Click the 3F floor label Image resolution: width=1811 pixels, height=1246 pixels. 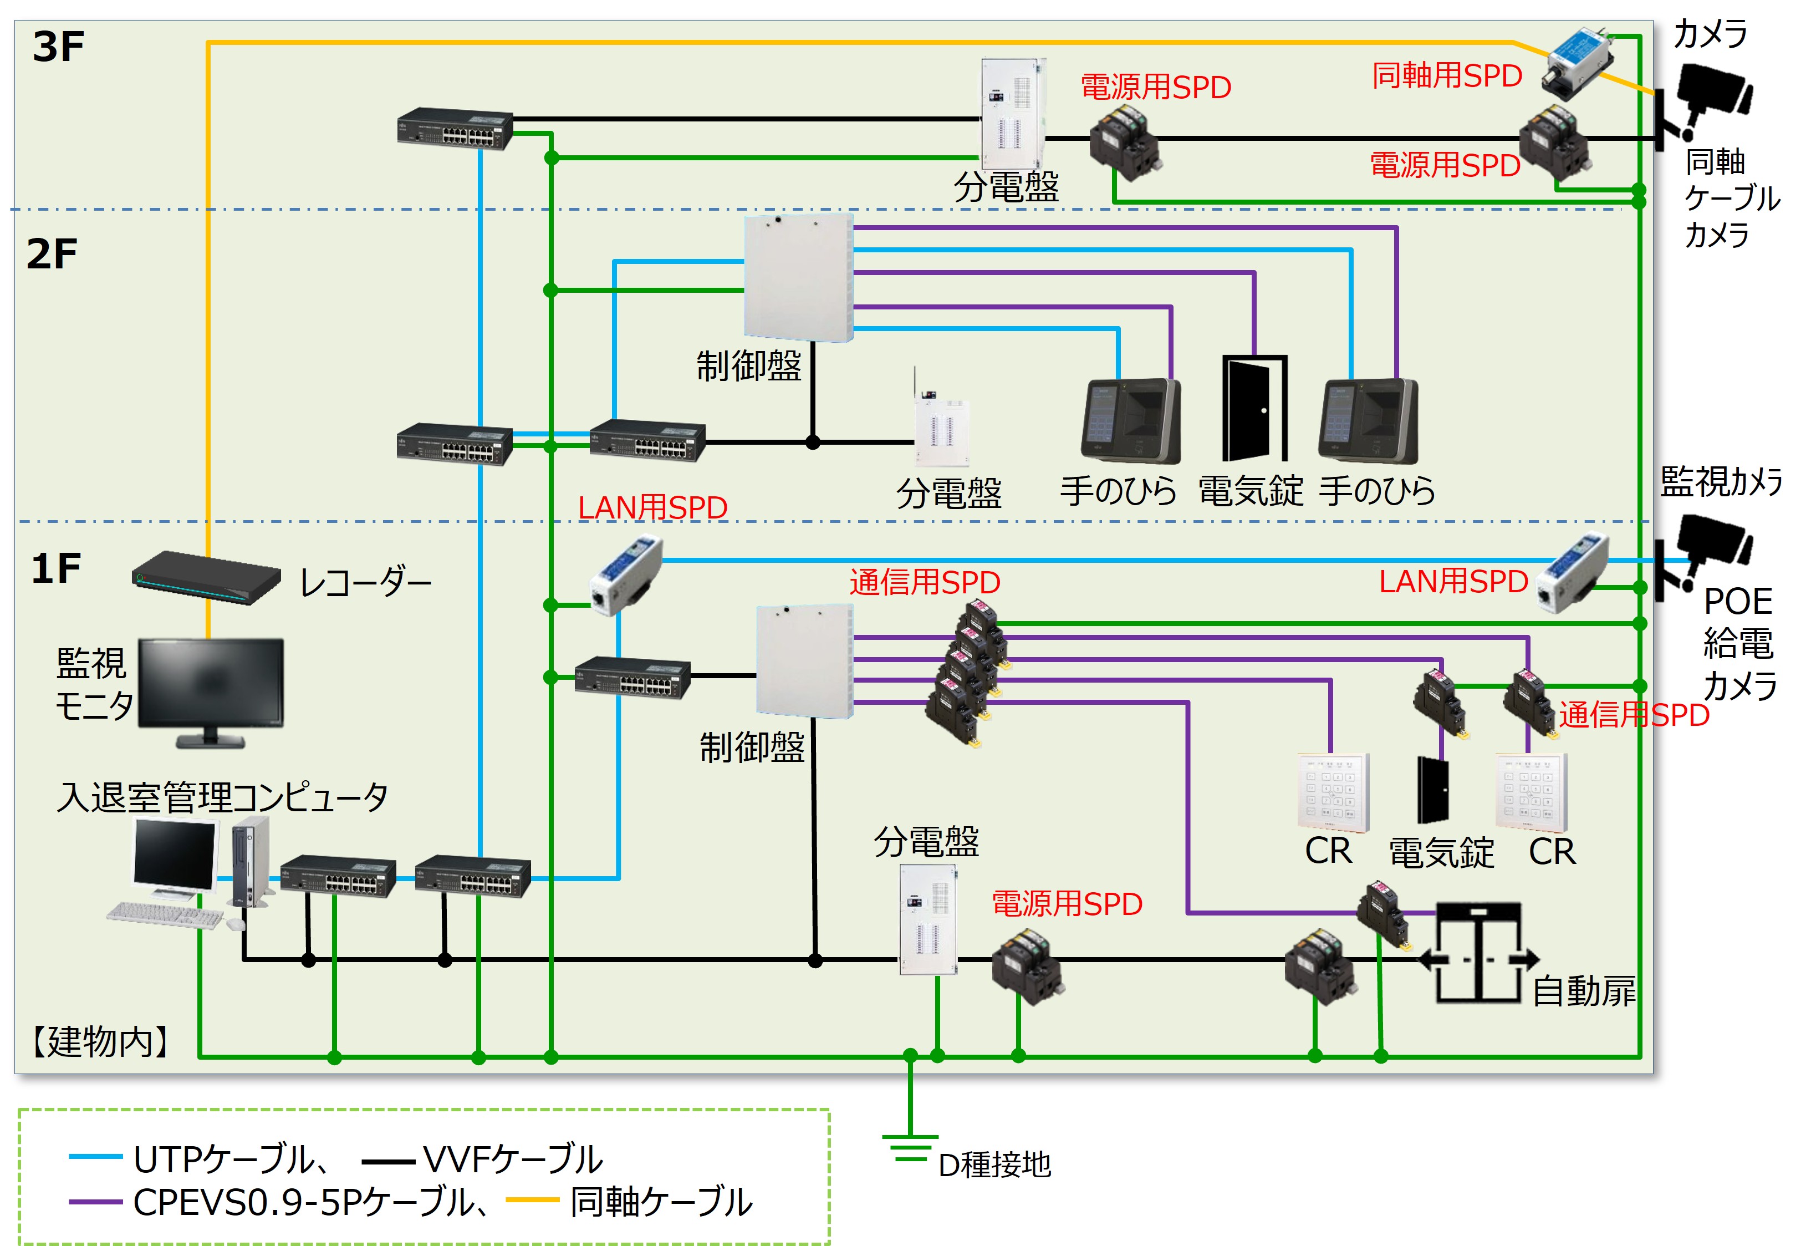pyautogui.click(x=58, y=47)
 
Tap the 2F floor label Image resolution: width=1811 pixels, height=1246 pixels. pyautogui.click(x=52, y=255)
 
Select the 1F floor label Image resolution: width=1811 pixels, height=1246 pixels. pyautogui.click(x=55, y=568)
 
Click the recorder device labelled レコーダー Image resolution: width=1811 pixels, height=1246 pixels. pyautogui.click(x=206, y=578)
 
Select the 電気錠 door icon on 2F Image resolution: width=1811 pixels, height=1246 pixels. pyautogui.click(x=1253, y=409)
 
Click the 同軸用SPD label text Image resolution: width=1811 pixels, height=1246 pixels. pyautogui.click(x=1447, y=76)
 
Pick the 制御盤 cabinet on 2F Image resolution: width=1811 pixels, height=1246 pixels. pyautogui.click(x=798, y=278)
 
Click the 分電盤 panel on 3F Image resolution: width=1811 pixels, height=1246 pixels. pyautogui.click(x=1012, y=113)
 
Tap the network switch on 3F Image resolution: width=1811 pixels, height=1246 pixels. pyautogui.click(x=455, y=129)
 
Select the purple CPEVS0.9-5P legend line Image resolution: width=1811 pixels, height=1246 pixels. pyautogui.click(x=95, y=1202)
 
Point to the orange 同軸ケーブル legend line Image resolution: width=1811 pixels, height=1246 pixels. pyautogui.click(x=532, y=1200)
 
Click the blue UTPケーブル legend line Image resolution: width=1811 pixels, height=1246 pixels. pyautogui.click(x=95, y=1157)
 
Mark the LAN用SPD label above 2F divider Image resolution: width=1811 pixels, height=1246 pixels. pyautogui.click(x=652, y=507)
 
